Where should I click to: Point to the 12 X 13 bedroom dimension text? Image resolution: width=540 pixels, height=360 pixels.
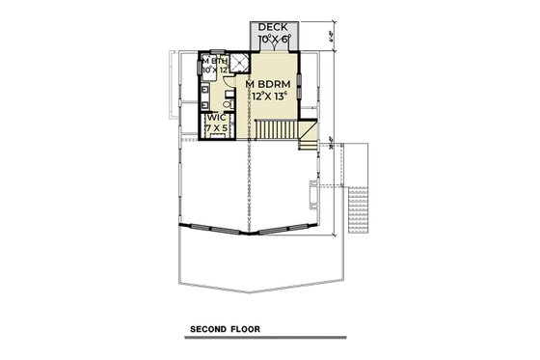point(270,97)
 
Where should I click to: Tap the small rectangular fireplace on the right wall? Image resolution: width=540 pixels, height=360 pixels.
point(313,193)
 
